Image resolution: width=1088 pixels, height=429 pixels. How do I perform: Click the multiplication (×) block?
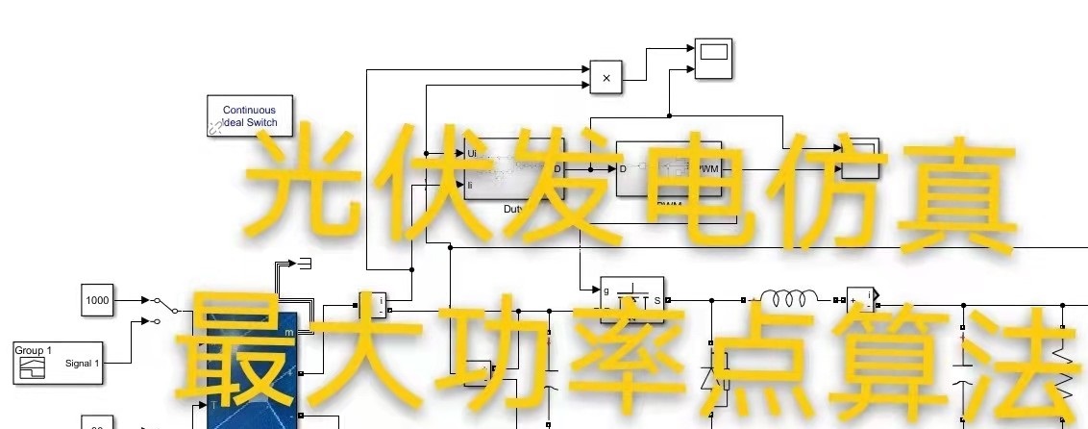[606, 78]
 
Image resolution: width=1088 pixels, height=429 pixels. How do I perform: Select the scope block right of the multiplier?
[713, 59]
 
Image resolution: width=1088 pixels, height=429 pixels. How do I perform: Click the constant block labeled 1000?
[97, 300]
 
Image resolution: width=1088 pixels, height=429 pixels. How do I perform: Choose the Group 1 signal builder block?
[58, 363]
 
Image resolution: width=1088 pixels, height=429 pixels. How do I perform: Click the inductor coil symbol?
[788, 295]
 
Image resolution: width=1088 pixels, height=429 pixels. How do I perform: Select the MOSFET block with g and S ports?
[631, 300]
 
